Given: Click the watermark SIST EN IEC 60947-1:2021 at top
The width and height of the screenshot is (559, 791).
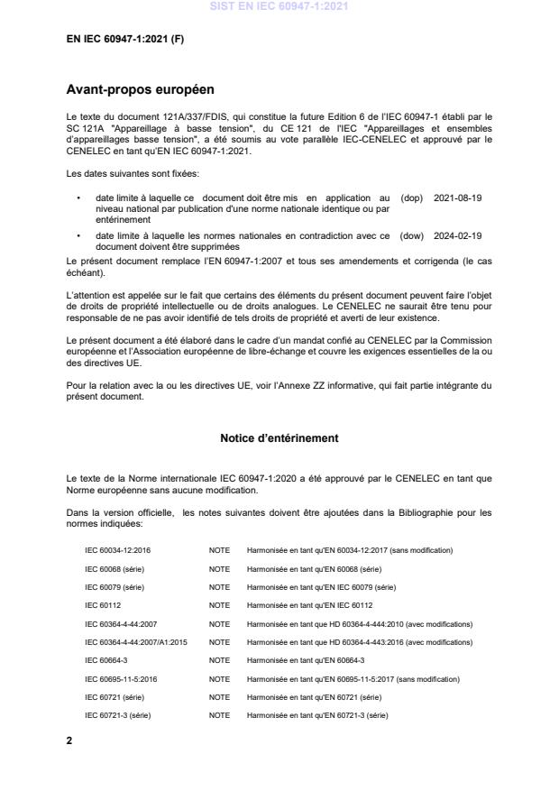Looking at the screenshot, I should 279,7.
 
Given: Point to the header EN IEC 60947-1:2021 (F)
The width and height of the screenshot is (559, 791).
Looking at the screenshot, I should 125,39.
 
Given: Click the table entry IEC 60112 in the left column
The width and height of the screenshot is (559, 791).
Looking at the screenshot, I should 103,605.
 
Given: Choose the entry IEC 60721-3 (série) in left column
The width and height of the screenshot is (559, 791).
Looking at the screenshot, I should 117,714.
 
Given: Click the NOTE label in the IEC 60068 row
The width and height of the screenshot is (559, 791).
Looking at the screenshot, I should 219,568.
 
